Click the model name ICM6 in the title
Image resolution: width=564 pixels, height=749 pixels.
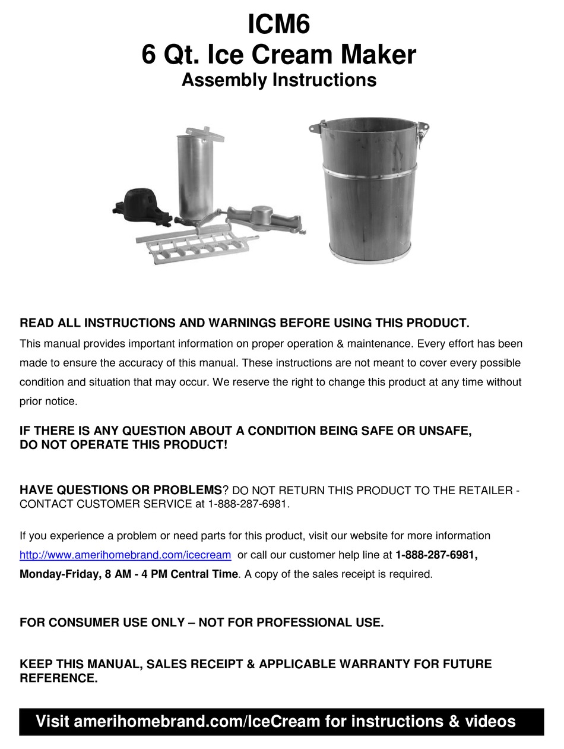(x=278, y=25)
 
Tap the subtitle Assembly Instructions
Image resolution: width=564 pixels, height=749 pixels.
(x=278, y=80)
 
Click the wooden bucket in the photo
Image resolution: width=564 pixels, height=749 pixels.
(x=369, y=196)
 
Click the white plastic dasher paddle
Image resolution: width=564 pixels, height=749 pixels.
(x=196, y=246)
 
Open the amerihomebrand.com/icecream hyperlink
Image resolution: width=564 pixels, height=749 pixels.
(x=125, y=555)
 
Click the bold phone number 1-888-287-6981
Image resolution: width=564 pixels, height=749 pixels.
(x=436, y=555)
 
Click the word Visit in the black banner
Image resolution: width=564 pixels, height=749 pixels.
(x=52, y=722)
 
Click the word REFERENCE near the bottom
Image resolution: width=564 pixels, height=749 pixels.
(x=57, y=678)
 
